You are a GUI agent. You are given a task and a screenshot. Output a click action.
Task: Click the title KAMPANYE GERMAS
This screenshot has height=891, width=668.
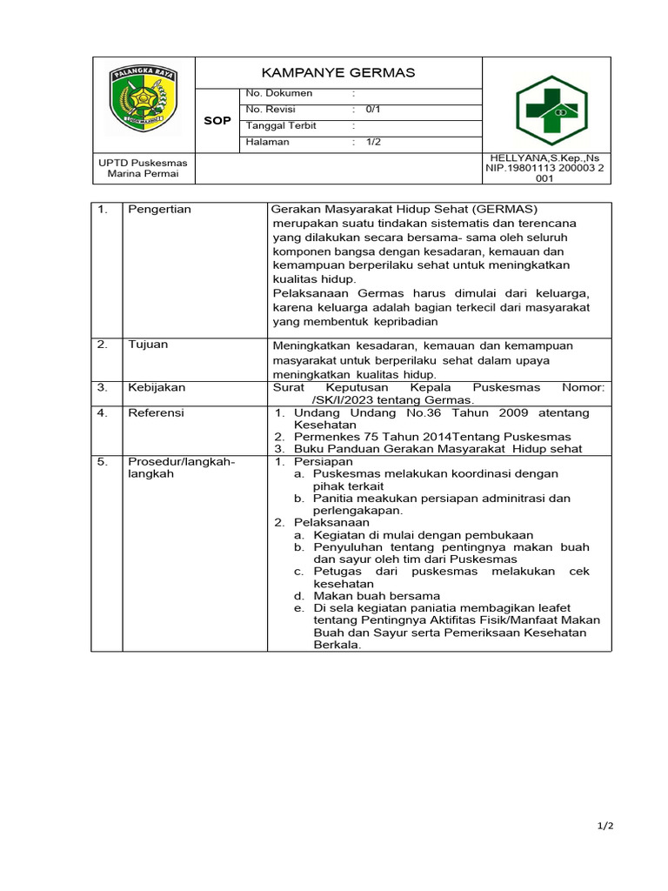338,73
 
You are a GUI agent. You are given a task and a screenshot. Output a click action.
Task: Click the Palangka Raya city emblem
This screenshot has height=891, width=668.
144,102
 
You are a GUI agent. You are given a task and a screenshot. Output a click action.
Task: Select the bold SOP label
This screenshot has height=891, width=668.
217,121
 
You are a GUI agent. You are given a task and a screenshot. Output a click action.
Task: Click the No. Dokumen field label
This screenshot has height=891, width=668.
278,93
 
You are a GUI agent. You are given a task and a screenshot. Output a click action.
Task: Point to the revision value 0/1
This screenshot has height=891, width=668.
373,110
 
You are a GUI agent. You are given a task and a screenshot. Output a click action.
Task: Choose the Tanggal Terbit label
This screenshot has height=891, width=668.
281,126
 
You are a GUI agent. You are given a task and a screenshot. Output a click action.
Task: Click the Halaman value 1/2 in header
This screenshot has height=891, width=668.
373,143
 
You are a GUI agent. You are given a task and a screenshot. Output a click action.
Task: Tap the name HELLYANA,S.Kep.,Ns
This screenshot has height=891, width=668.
551,157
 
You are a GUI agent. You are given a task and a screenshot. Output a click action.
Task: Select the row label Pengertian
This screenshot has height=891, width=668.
159,210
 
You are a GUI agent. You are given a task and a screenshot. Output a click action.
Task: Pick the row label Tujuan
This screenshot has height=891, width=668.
148,345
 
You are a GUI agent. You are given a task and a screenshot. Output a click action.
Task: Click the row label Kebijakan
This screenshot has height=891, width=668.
157,388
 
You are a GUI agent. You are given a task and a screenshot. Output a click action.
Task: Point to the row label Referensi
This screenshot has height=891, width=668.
157,413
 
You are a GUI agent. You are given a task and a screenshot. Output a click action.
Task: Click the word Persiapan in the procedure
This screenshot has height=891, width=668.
324,461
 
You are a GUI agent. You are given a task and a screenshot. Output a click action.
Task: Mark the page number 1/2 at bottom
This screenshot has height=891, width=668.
605,827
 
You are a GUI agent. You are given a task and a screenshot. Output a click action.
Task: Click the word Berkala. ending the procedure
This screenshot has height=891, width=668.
337,645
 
